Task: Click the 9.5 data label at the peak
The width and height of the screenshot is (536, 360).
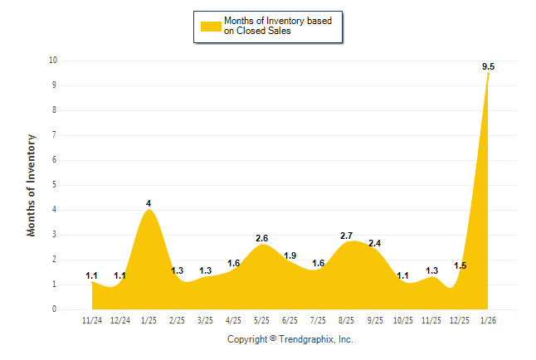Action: [x=489, y=66]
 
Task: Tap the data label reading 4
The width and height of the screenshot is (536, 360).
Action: [x=149, y=203]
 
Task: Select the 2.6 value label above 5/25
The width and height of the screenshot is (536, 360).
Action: [x=261, y=238]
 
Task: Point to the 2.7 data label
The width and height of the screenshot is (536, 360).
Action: [x=347, y=236]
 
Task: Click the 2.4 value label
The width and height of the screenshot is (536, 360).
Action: [x=374, y=243]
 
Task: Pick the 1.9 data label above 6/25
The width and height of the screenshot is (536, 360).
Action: [x=290, y=255]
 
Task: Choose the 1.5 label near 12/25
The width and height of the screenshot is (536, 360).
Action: [x=460, y=265]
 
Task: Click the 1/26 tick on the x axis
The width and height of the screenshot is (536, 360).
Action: [x=488, y=319]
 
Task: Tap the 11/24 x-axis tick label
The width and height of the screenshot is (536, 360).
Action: [x=92, y=319]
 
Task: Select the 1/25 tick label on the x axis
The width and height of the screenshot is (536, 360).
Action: [x=149, y=319]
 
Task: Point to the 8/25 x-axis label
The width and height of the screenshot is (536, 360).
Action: [x=347, y=319]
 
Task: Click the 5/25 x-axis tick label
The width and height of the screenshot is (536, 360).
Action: [x=261, y=319]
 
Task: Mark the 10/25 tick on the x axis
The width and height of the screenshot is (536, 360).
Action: [x=403, y=319]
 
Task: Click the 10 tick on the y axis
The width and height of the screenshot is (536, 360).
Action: [x=52, y=61]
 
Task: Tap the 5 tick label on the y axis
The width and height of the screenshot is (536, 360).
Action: [x=55, y=185]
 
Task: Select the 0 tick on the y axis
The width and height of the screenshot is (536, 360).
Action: [x=55, y=309]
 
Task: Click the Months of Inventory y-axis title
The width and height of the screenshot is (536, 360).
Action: [x=32, y=185]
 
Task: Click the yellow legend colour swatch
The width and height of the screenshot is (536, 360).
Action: [x=211, y=27]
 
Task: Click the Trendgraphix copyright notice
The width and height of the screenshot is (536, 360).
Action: [x=290, y=339]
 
